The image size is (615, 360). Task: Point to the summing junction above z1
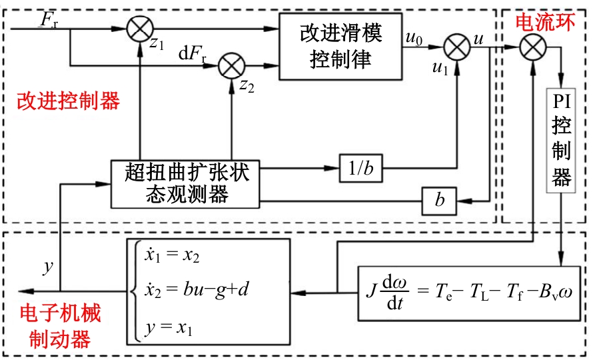(x=140, y=29)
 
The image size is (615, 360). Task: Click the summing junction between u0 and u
(x=457, y=47)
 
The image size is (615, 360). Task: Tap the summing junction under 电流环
(x=533, y=47)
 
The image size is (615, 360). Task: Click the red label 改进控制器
(x=69, y=101)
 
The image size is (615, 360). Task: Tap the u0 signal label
(x=414, y=38)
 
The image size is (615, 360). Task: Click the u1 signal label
(x=440, y=67)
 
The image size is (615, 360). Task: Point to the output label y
(x=47, y=267)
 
